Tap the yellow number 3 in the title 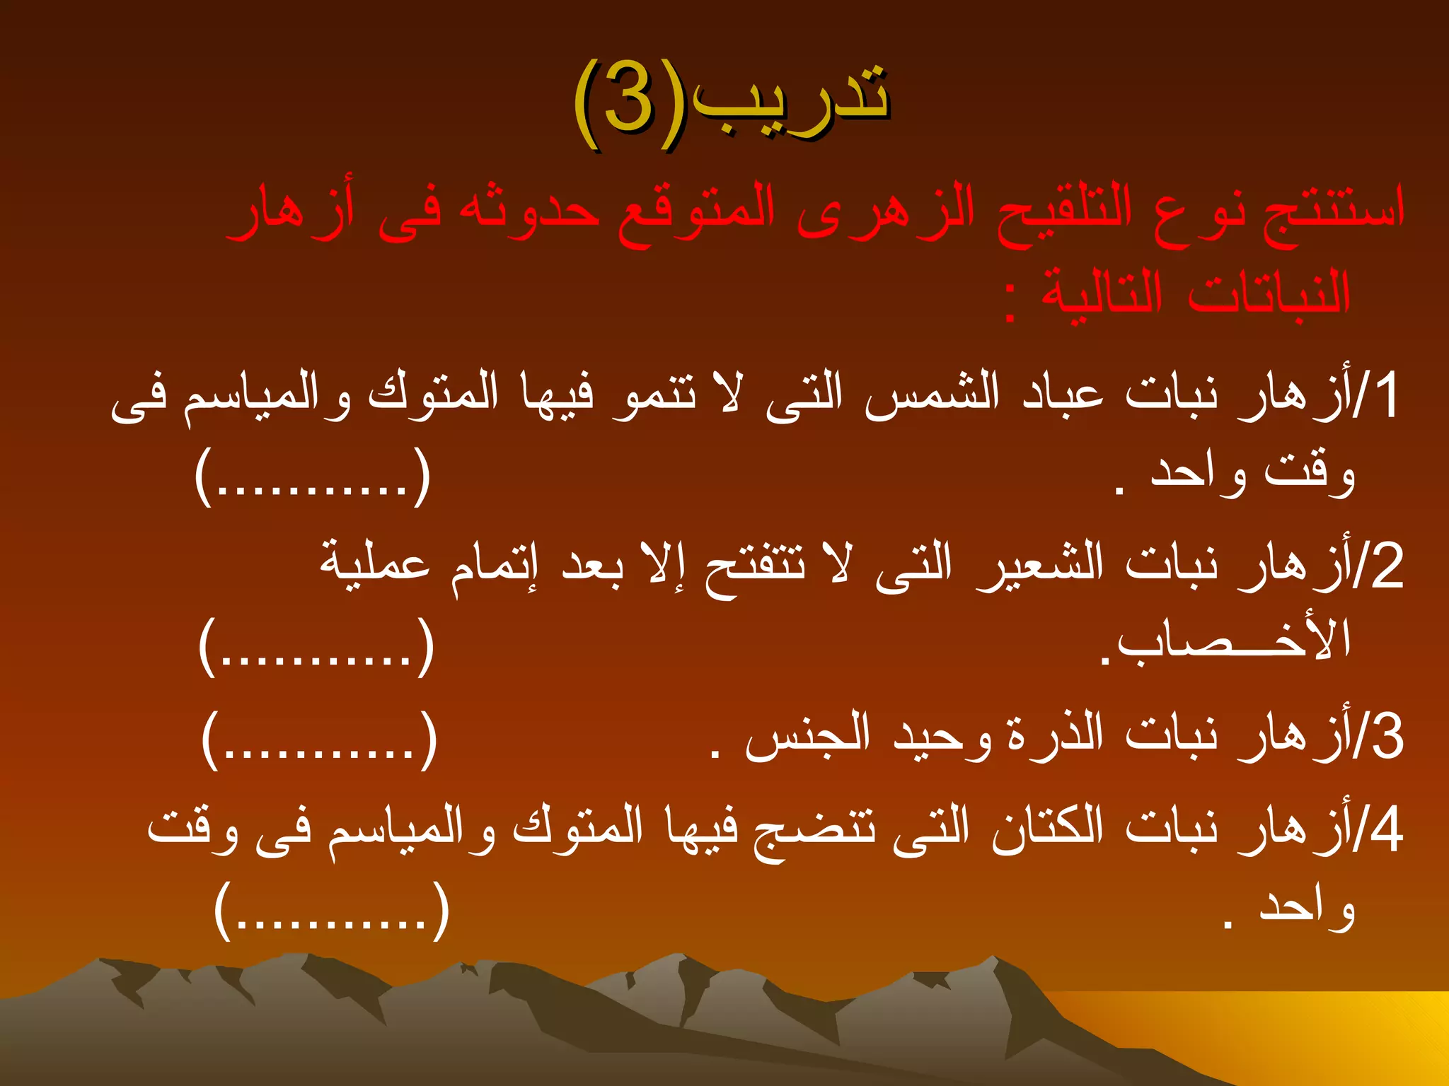coord(628,103)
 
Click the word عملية coord(375,566)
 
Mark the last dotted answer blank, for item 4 coord(332,912)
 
